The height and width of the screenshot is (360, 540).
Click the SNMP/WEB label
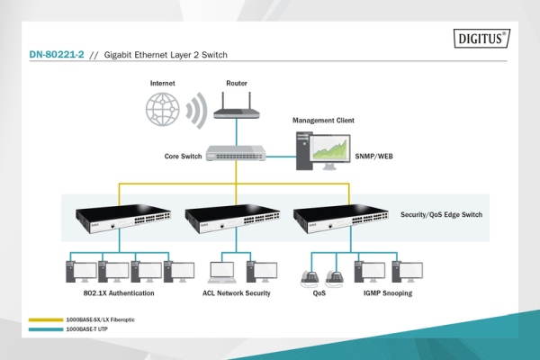[x=374, y=156]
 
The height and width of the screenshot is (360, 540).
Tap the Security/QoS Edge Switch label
[x=443, y=216]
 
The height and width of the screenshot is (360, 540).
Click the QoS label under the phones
[x=320, y=293]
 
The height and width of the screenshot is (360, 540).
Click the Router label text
[x=237, y=83]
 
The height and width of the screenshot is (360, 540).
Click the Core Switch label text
[x=182, y=156]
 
